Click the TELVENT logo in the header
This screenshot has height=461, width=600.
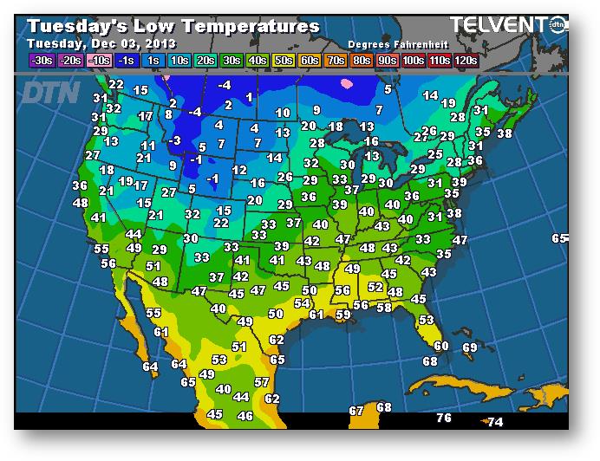[502, 25]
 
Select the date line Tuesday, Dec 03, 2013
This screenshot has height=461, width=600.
[101, 43]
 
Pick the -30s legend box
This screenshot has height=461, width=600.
[41, 61]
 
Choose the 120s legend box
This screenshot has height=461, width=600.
[465, 61]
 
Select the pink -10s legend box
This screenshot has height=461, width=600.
[101, 61]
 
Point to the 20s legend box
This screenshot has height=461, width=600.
[205, 61]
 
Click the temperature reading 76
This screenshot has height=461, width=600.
[444, 418]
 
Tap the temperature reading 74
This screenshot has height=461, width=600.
[495, 422]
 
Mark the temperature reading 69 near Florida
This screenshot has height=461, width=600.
[469, 347]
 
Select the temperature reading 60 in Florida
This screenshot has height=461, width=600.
[440, 346]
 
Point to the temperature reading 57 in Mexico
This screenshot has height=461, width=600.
[261, 381]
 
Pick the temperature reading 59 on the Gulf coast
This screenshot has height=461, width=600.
[342, 315]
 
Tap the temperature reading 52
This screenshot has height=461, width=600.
[375, 287]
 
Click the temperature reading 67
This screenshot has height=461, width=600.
[356, 410]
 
